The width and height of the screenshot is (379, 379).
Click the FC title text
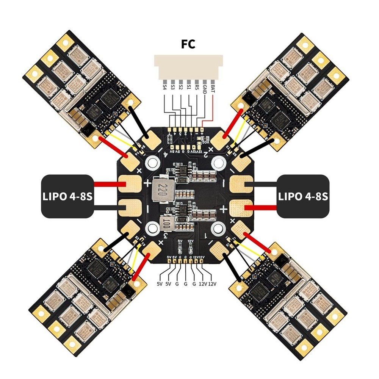click(188, 45)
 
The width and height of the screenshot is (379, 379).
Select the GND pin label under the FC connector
click(205, 90)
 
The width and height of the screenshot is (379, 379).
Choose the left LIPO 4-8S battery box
click(67, 196)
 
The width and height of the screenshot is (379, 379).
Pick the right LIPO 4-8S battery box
click(304, 196)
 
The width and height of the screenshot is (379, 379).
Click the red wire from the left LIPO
click(107, 185)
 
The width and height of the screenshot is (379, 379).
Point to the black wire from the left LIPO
click(107, 207)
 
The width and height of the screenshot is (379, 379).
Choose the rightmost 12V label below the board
click(212, 283)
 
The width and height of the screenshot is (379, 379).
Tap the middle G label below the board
click(185, 283)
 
